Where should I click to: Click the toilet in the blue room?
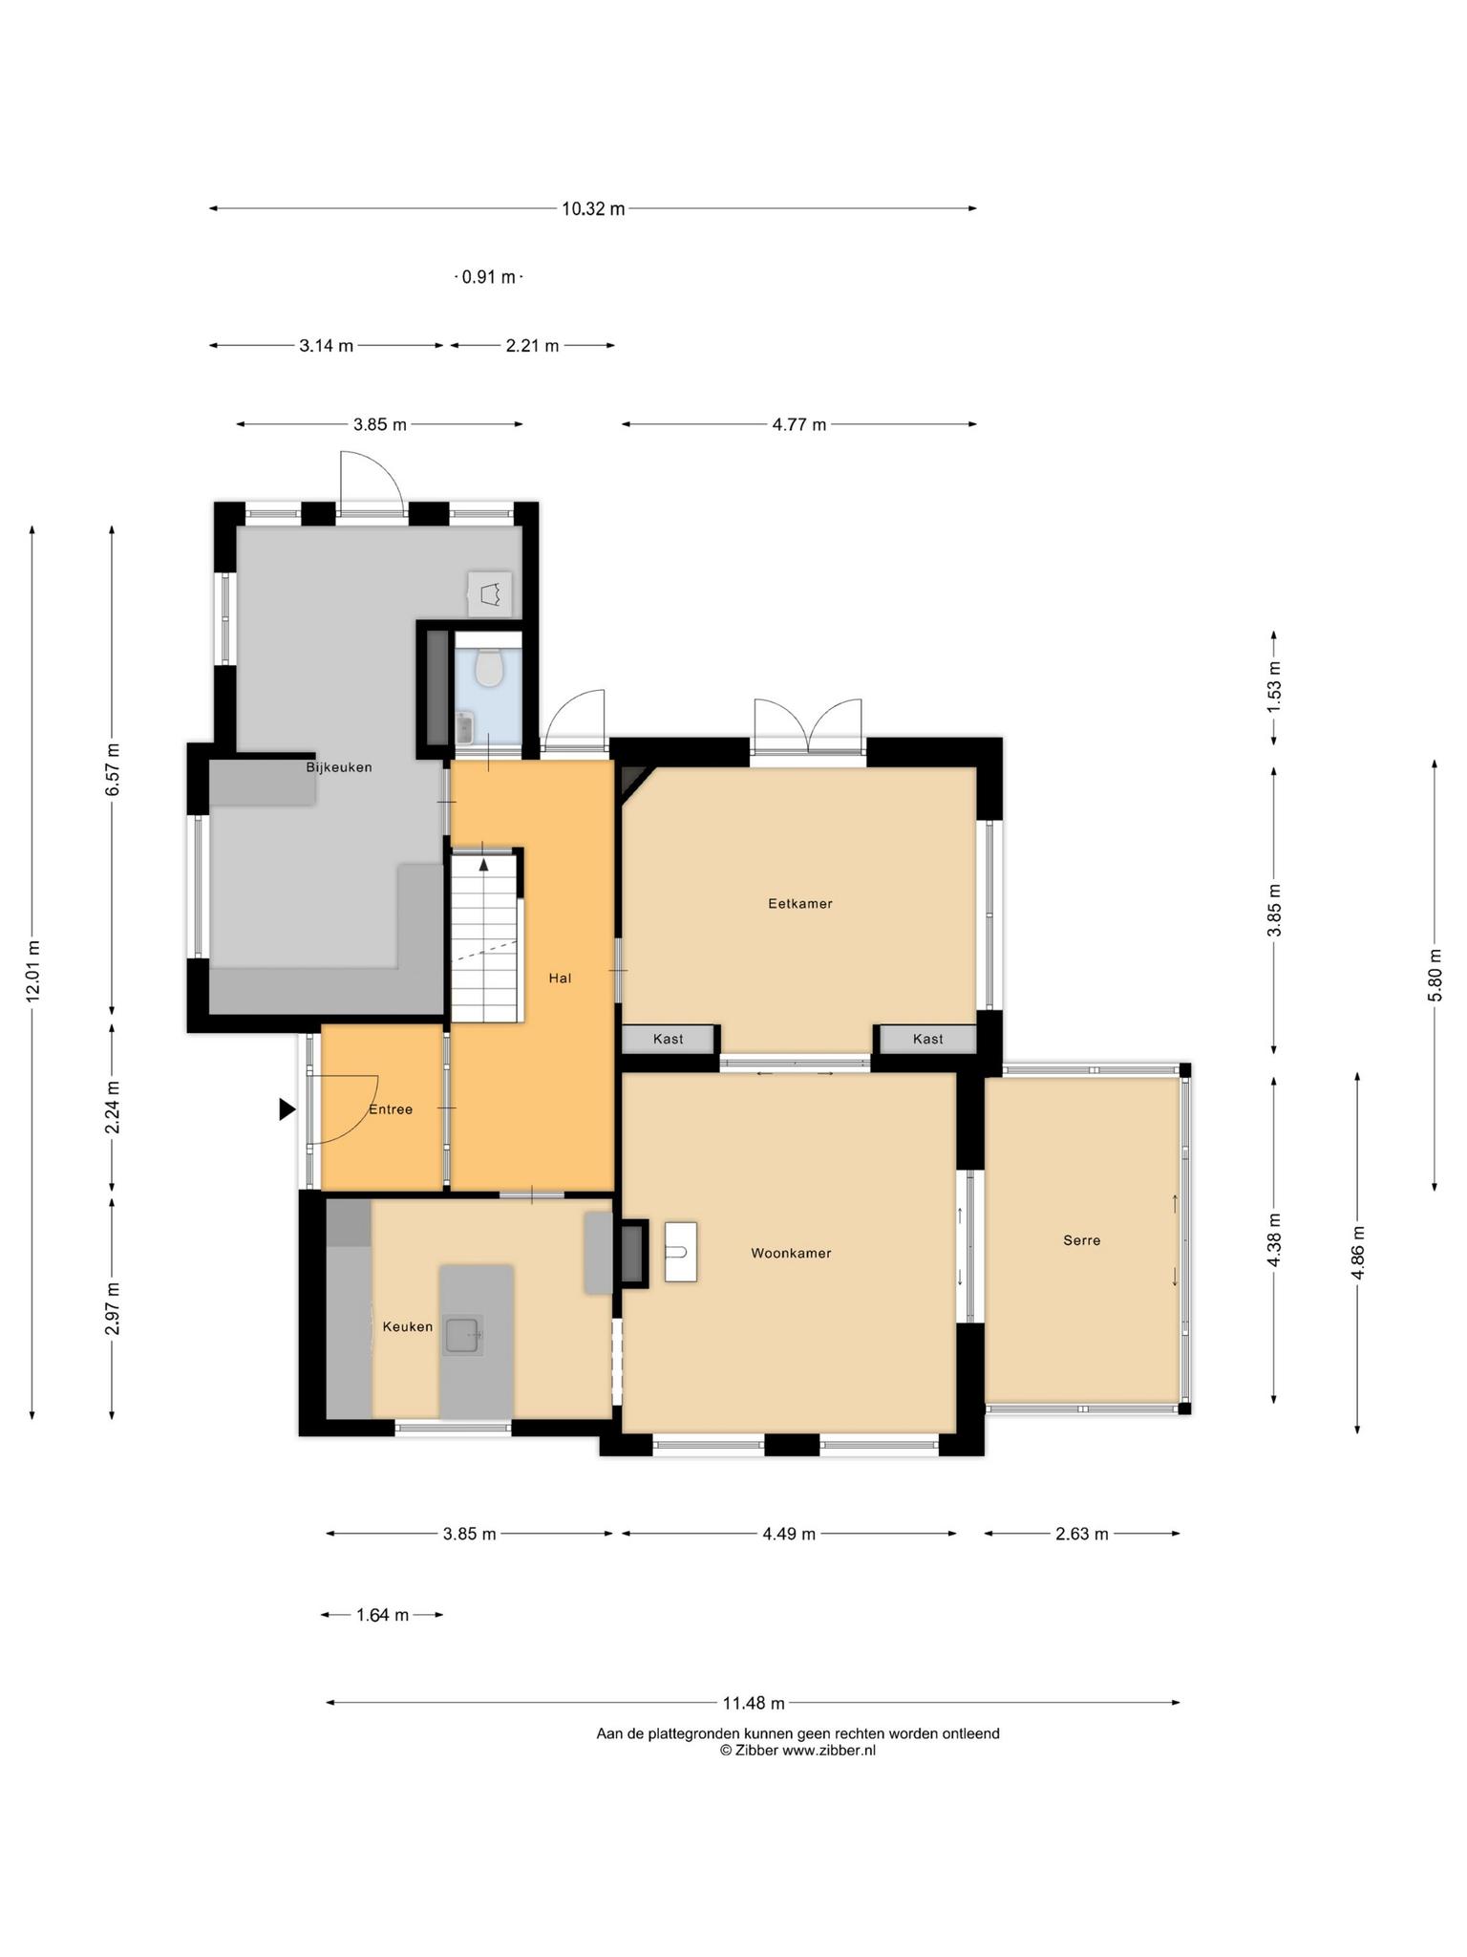(489, 667)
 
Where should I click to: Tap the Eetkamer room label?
(800, 903)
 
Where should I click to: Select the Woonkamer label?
(791, 1253)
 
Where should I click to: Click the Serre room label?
(1082, 1240)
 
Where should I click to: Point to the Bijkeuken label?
(339, 767)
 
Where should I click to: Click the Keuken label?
(408, 1326)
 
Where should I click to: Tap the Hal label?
(560, 978)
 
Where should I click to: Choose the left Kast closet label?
(669, 1039)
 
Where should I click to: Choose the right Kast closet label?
(928, 1039)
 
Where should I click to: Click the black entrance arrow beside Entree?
(287, 1108)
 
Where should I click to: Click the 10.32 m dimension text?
(593, 208)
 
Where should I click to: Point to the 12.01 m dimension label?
(33, 971)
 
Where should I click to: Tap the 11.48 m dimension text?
(754, 1702)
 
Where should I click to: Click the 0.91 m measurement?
(488, 277)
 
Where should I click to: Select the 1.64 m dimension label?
(382, 1615)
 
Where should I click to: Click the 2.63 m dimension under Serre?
(1082, 1534)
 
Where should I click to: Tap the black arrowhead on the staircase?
(484, 865)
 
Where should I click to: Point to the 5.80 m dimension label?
(1435, 975)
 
